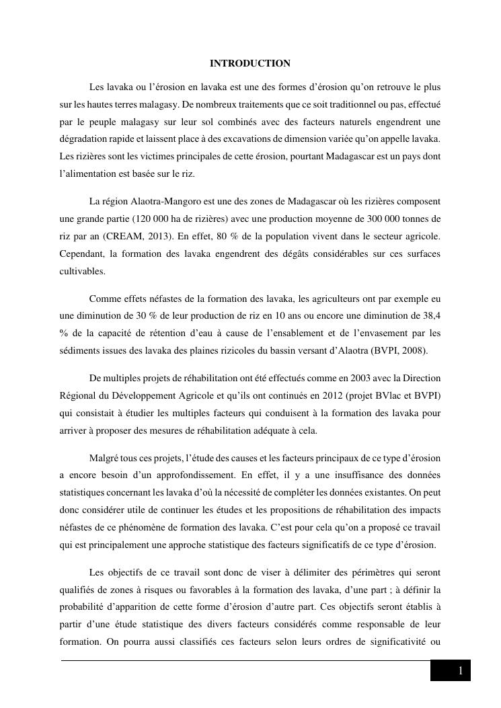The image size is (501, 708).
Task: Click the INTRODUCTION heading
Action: pos(250,63)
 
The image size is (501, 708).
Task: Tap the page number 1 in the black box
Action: pos(460,671)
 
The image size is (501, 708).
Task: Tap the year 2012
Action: pos(333,396)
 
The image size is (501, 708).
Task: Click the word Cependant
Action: pos(82,254)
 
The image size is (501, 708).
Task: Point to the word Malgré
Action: pos(104,458)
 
